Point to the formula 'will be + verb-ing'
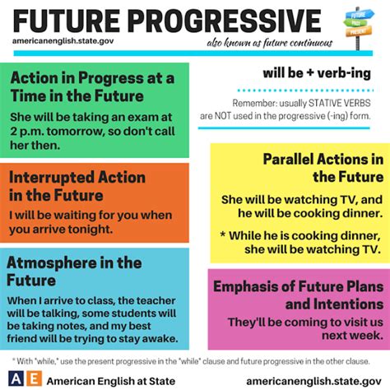click(316, 74)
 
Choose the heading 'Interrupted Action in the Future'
click(79, 186)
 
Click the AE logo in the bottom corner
click(22, 378)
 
